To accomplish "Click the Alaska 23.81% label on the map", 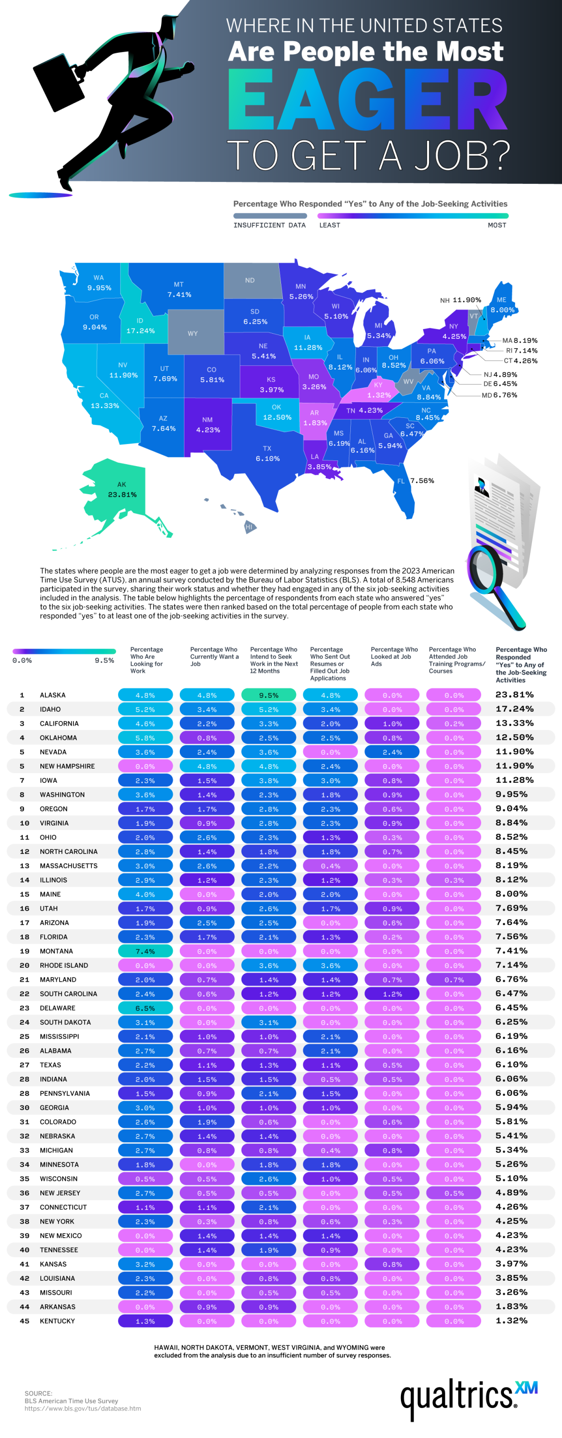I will [122, 489].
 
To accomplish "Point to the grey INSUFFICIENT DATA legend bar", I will [270, 215].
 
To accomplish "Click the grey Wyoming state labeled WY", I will [193, 333].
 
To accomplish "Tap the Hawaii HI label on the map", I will [249, 526].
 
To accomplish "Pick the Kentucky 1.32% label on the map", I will [378, 390].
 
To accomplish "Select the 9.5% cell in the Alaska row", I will [268, 695].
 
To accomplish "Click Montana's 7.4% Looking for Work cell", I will [145, 951].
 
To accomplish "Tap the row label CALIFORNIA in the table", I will [59, 723].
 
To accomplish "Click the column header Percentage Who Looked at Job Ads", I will [394, 657].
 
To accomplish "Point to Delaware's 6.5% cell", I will [145, 1007].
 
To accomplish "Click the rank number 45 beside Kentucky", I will [24, 1321].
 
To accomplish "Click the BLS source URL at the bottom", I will [83, 1409].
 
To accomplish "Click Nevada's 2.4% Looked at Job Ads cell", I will [392, 752].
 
